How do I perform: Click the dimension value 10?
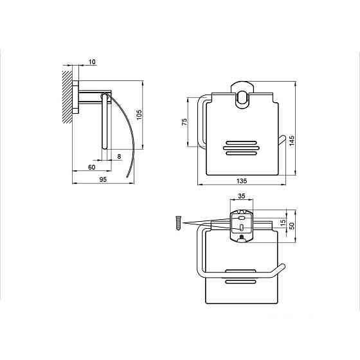(x=92, y=62)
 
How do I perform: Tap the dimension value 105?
(x=139, y=115)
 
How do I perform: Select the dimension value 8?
(x=119, y=156)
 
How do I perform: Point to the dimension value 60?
(x=91, y=167)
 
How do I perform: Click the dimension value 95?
(x=103, y=179)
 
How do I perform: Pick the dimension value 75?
(x=184, y=122)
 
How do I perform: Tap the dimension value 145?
(x=292, y=141)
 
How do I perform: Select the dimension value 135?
(x=242, y=181)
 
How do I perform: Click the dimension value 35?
(x=242, y=196)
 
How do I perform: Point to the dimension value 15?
(x=283, y=222)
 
